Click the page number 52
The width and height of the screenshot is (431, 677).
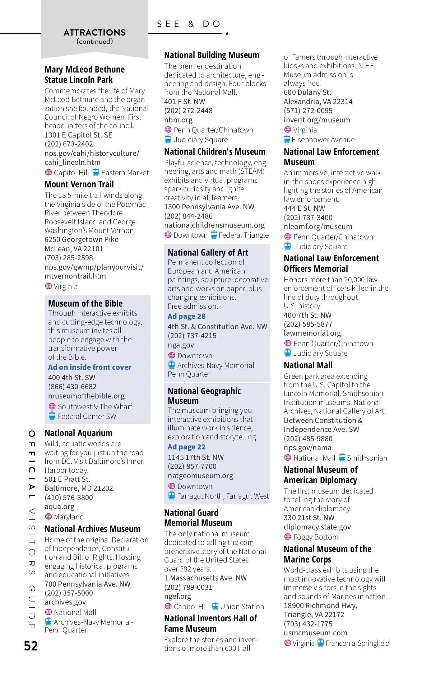(x=31, y=646)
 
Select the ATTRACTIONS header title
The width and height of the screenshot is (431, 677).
(x=94, y=33)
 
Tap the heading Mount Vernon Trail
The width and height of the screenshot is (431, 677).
(x=79, y=185)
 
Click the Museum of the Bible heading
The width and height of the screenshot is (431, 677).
(x=85, y=303)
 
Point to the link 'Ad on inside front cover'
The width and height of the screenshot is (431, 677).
(x=90, y=367)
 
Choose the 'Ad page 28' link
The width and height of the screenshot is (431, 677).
(x=186, y=316)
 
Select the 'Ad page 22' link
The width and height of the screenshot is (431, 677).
(x=186, y=447)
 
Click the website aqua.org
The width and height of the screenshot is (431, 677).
(x=60, y=506)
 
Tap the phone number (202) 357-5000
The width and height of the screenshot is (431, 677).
(x=69, y=593)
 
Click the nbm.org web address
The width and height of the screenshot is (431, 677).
(x=178, y=120)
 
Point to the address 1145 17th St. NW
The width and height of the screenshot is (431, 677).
(x=196, y=457)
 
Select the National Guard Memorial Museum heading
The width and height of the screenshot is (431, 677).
(x=198, y=518)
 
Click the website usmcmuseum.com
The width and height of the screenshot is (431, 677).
(x=315, y=633)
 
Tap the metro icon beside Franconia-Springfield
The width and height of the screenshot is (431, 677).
(x=320, y=643)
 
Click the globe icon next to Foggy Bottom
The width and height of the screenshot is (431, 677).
(x=288, y=537)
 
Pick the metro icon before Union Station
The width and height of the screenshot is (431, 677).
(x=215, y=606)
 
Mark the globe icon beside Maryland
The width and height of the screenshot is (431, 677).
(x=48, y=517)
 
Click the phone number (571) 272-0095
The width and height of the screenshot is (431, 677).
(x=308, y=111)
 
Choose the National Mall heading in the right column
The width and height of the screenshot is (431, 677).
(x=308, y=365)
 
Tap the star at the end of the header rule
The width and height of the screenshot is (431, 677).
(x=227, y=33)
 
